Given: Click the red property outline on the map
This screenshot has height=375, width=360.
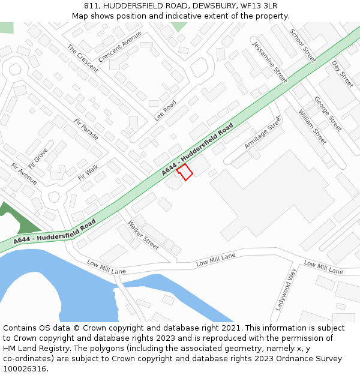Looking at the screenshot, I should tap(185, 172).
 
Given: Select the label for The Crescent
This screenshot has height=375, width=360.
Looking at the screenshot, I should tap(83, 58).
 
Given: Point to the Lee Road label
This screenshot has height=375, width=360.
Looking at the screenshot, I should tap(165, 110).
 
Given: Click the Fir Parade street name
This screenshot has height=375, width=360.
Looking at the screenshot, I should tap(86, 129).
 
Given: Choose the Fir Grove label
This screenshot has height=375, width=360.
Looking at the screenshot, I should tap(37, 159).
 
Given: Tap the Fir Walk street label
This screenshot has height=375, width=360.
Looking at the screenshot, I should tap(88, 172).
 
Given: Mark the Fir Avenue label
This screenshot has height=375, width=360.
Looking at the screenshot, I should tap(24, 173).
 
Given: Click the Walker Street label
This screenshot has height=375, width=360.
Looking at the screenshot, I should tap(143, 235).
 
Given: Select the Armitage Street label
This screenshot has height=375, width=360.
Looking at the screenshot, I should tap(263, 133).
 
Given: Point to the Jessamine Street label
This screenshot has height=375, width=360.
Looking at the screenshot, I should tap(270, 62).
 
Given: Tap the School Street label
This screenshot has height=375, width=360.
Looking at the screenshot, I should tap(302, 46).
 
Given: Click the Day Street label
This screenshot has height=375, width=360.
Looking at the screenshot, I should tap(343, 74).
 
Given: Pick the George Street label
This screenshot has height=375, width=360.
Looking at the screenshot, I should tap(328, 114).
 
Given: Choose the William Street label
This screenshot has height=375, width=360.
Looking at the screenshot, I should tap(312, 127).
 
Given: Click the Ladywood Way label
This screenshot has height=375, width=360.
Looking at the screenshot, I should tap(286, 290).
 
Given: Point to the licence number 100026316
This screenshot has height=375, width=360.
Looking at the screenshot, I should tap(25, 368).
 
